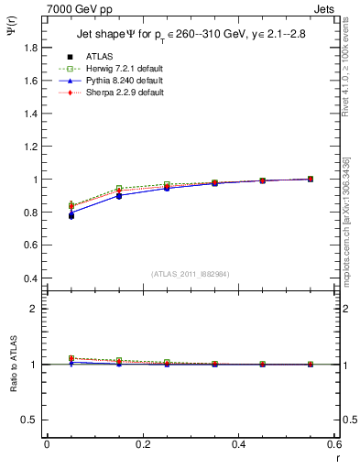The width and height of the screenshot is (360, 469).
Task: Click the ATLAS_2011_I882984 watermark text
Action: click(191, 274)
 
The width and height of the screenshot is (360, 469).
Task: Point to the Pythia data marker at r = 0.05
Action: click(71, 214)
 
